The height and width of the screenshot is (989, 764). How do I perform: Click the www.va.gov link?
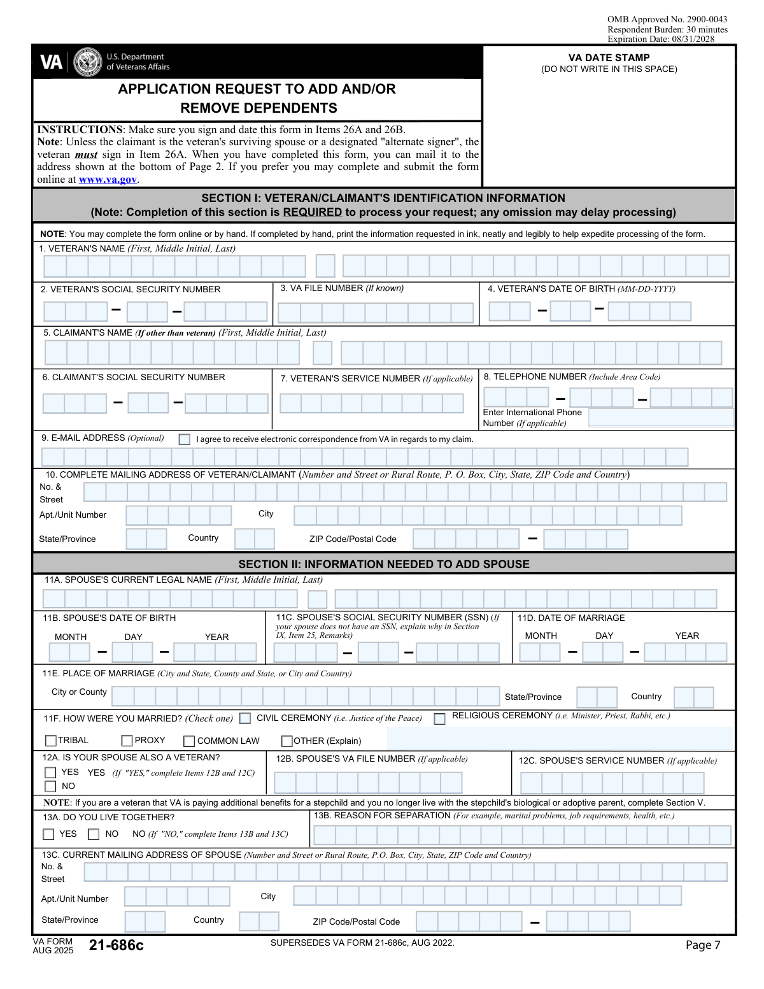tap(108, 180)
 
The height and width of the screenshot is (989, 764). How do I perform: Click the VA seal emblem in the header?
tap(87, 62)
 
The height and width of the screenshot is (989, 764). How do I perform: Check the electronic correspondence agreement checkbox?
tap(185, 439)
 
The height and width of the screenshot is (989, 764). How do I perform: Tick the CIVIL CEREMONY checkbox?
tap(245, 718)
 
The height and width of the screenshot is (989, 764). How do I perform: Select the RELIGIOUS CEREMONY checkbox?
tap(439, 718)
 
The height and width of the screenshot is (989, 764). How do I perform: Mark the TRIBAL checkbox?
tap(51, 741)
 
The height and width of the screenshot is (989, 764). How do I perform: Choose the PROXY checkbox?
tap(127, 741)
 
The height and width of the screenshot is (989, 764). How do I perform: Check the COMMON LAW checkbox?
tap(189, 741)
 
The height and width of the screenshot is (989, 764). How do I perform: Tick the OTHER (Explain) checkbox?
tap(287, 741)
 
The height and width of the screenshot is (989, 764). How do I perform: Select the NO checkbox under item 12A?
tap(50, 786)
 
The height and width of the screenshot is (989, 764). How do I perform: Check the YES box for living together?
tap(49, 834)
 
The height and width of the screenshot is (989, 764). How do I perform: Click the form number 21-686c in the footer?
tap(117, 946)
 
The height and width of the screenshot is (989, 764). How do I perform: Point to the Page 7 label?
tap(703, 945)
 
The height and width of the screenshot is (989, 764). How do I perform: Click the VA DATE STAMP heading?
tap(609, 58)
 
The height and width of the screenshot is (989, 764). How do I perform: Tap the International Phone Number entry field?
tap(661, 418)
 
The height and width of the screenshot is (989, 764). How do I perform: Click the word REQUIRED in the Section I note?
tap(312, 213)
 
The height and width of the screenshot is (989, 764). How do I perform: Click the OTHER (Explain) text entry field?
tap(560, 739)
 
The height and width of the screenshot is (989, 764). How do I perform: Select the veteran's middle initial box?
tap(325, 266)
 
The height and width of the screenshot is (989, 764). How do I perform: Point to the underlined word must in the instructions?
tap(86, 155)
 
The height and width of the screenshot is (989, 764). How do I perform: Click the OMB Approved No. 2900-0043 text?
tap(667, 20)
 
